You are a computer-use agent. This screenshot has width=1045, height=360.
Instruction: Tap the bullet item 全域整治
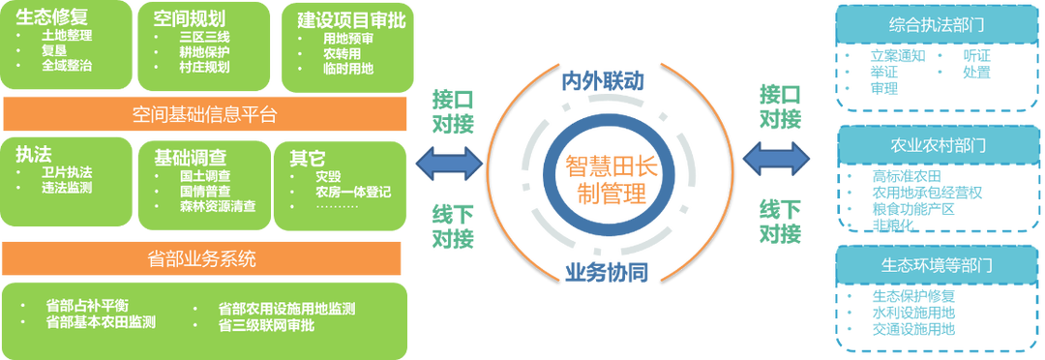click(67, 66)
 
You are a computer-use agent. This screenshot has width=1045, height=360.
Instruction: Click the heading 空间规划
click(189, 18)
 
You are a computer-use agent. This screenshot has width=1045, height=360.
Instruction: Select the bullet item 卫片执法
click(67, 172)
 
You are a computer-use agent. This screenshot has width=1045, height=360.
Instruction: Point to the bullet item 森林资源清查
click(218, 205)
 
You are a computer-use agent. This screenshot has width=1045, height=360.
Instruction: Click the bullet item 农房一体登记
click(353, 192)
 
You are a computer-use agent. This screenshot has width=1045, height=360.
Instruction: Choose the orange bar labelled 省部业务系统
click(203, 259)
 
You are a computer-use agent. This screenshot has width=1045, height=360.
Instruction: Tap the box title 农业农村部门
click(935, 146)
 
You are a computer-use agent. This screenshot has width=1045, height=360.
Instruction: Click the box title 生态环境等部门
click(935, 263)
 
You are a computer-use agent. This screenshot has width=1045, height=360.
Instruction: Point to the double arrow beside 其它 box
click(448, 162)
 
